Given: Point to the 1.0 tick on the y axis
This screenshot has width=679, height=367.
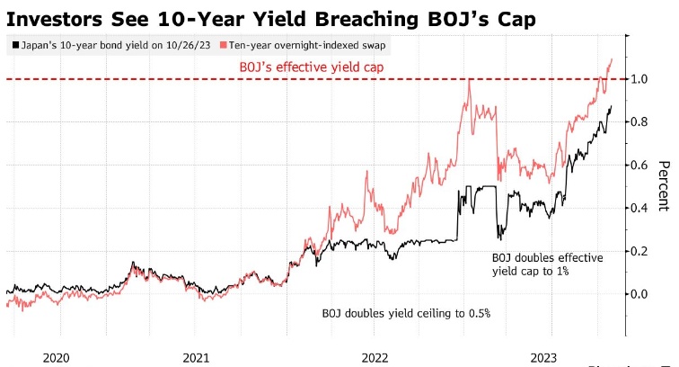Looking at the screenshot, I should (x=637, y=79).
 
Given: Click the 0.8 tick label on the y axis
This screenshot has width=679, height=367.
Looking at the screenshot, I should (x=637, y=122).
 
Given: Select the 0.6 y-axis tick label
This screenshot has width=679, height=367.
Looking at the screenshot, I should (x=637, y=166).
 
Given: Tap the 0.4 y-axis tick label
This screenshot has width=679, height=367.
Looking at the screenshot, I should (x=637, y=208).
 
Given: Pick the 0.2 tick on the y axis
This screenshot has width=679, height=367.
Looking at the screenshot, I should (x=637, y=251).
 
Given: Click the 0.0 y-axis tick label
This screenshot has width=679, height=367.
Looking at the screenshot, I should (x=637, y=294).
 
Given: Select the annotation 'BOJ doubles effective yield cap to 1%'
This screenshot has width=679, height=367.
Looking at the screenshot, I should (x=547, y=264).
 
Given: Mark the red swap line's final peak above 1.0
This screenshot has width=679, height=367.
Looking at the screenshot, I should (x=612, y=59).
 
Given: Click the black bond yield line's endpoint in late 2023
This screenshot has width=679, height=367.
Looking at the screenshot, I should (x=612, y=107).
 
